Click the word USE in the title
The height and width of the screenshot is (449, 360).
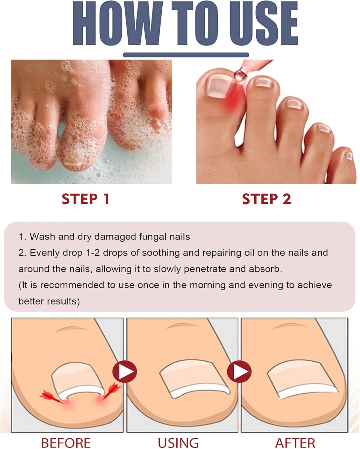coord(264,23)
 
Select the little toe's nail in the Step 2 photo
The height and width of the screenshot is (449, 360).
coord(349,156)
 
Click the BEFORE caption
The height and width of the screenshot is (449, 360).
coord(66,443)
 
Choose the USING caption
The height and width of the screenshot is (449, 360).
coord(178,443)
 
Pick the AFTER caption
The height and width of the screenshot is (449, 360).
coord(295,443)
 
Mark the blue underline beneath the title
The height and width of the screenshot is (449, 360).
coord(186,55)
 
